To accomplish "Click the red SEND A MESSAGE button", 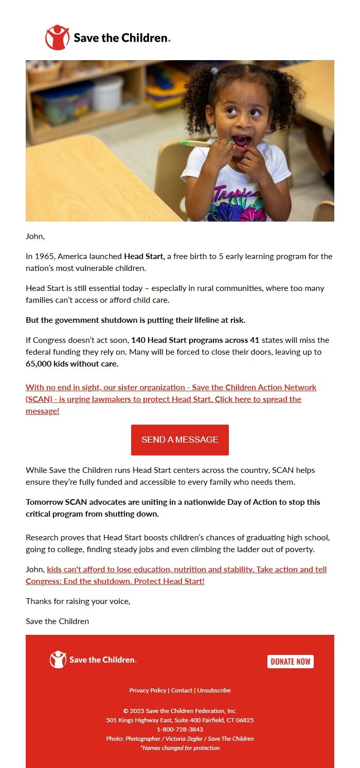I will click(179, 440).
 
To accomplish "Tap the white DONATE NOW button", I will click(290, 662).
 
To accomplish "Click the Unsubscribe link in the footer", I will click(214, 690).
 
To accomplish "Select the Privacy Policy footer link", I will click(148, 690).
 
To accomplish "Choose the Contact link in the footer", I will click(182, 690).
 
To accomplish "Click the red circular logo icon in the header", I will click(57, 38).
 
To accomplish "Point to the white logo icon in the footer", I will click(58, 660).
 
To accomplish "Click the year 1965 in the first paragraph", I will click(44, 256).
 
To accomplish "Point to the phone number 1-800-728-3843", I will click(180, 729).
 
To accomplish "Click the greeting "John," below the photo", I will click(35, 236).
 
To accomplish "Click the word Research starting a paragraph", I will click(43, 537).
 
